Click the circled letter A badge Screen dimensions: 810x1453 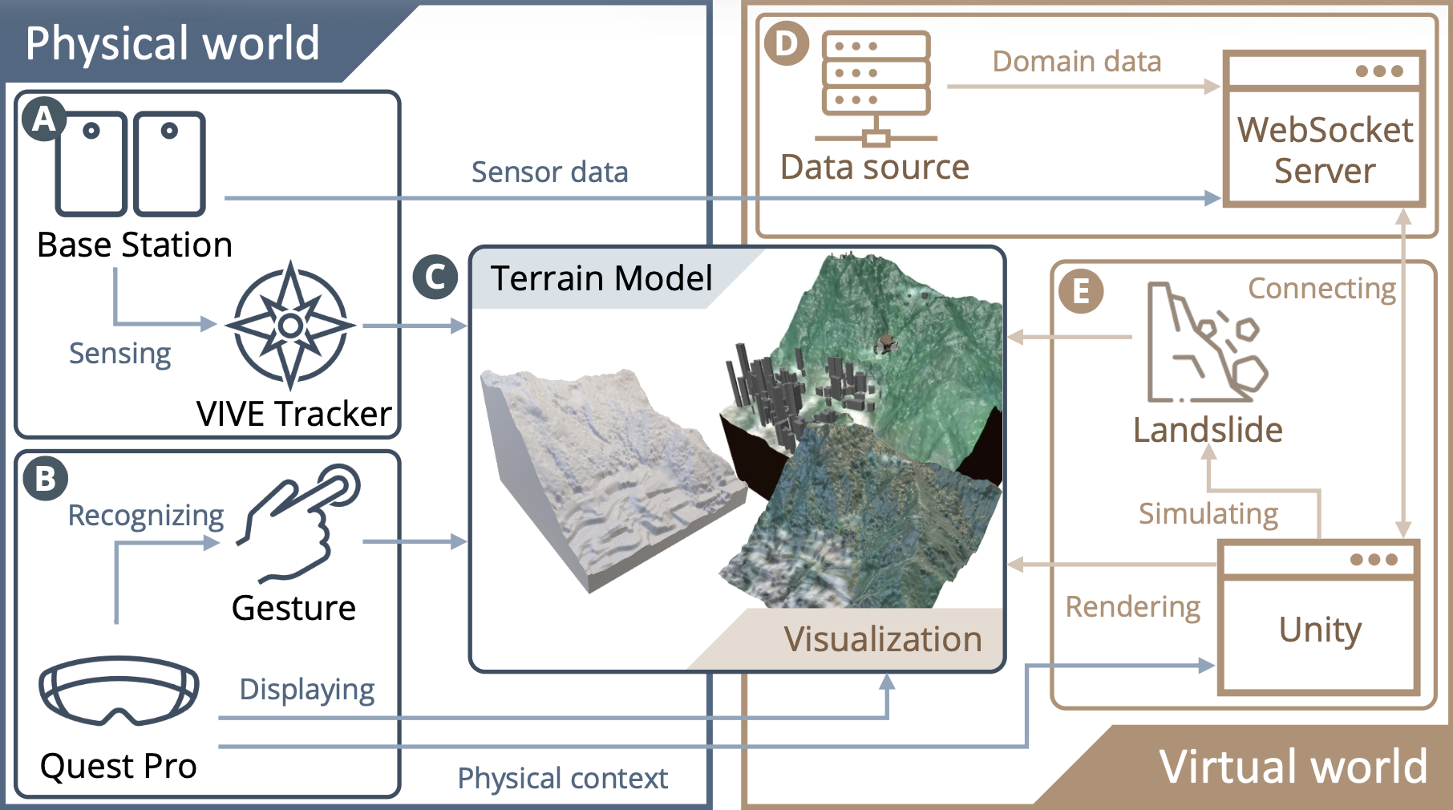tap(43, 119)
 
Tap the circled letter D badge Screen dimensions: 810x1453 tap(786, 43)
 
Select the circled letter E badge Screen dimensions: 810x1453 tap(1080, 291)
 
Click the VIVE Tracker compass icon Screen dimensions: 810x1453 tap(290, 325)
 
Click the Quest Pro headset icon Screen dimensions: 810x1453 tap(119, 690)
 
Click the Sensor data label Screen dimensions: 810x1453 tap(549, 172)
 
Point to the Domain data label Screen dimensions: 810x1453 tap(1076, 62)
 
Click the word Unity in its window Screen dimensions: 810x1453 tap(1320, 630)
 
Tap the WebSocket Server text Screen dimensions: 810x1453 tap(1325, 151)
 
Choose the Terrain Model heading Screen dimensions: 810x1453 tap(601, 278)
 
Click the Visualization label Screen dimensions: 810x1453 tap(882, 639)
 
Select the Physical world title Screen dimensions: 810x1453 tap(172, 43)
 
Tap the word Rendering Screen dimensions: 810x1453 tap(1132, 607)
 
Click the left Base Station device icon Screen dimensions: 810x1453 tap(91, 164)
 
